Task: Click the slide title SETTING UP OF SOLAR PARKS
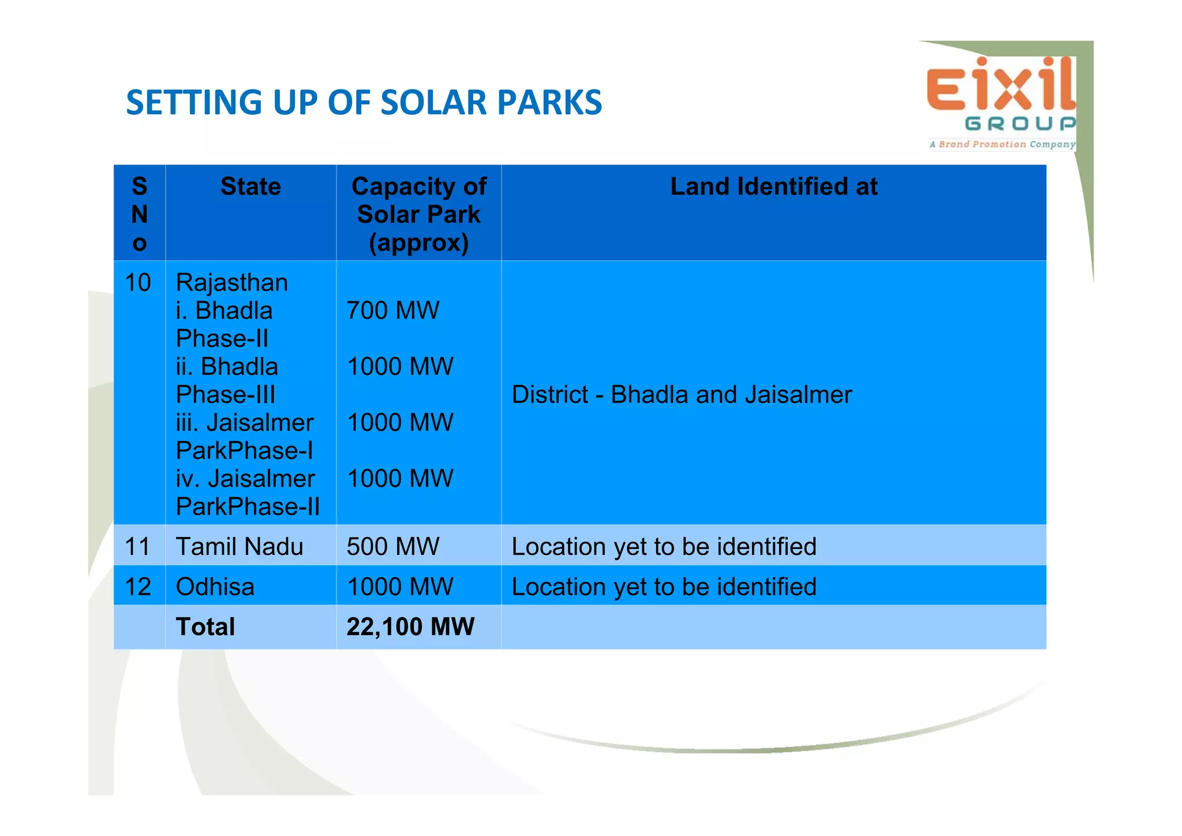click(x=364, y=103)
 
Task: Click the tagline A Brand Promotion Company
click(x=1002, y=144)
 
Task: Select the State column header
click(x=250, y=186)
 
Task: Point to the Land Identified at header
click(x=773, y=186)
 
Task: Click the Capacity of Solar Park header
click(x=418, y=214)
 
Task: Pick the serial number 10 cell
click(x=138, y=283)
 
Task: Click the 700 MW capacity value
click(x=392, y=311)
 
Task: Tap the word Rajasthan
click(x=231, y=283)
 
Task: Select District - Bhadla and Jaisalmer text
click(x=681, y=395)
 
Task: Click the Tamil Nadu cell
click(x=239, y=546)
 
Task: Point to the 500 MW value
click(x=392, y=546)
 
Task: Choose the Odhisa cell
click(x=215, y=587)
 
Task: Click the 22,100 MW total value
click(x=410, y=627)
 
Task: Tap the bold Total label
click(x=205, y=627)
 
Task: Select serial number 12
click(x=138, y=587)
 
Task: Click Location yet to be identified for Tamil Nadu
click(x=664, y=546)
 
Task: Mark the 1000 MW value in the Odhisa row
click(x=400, y=587)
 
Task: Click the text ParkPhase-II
click(x=248, y=507)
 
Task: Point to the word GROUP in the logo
click(x=1020, y=124)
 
